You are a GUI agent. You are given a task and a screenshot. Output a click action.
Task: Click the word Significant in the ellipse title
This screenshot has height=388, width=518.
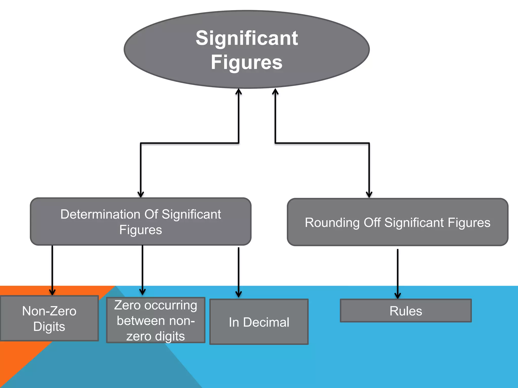click(x=247, y=38)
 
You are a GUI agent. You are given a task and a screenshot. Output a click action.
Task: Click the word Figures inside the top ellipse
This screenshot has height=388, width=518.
click(x=247, y=62)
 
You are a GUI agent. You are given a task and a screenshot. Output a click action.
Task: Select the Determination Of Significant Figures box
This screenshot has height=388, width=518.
click(x=141, y=222)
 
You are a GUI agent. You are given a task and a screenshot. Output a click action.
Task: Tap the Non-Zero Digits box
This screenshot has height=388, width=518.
click(x=49, y=319)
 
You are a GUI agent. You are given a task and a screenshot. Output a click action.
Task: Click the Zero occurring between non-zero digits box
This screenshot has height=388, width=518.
click(x=156, y=320)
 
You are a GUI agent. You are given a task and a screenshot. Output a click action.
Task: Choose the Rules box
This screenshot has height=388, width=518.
click(x=406, y=311)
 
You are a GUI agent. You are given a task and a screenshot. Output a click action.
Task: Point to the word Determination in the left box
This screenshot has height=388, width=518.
click(x=100, y=214)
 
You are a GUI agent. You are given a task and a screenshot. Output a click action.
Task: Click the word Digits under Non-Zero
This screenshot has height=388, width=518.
click(x=49, y=327)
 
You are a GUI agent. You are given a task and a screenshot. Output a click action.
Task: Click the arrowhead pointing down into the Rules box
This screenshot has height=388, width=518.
click(x=398, y=296)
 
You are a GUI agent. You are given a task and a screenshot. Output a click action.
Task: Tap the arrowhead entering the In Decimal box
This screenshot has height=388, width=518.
click(x=239, y=294)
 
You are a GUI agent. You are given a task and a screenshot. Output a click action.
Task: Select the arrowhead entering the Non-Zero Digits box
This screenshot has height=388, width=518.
click(x=52, y=292)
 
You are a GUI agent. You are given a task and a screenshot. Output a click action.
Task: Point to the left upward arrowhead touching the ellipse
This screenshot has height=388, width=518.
click(x=239, y=91)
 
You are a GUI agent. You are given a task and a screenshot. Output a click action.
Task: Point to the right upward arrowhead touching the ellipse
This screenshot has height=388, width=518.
click(x=275, y=91)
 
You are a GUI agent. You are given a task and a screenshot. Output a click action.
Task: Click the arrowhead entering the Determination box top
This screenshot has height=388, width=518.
click(x=141, y=194)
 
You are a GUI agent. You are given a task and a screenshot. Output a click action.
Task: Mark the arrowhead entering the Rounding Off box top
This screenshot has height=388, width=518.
click(x=369, y=195)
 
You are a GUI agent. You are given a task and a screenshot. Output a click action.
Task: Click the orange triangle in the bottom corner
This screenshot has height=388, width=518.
click(x=15, y=364)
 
